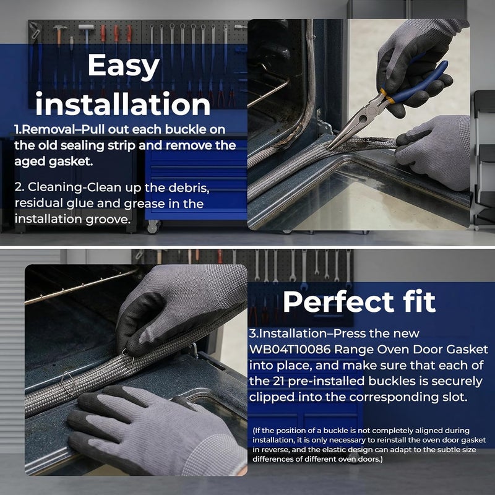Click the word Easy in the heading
tap(123, 66)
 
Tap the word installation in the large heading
tap(123, 104)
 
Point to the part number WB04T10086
tap(290, 349)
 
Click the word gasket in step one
tap(71, 161)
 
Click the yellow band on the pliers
tap(387, 97)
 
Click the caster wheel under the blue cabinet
tap(153, 226)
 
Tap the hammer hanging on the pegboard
tap(59, 34)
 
